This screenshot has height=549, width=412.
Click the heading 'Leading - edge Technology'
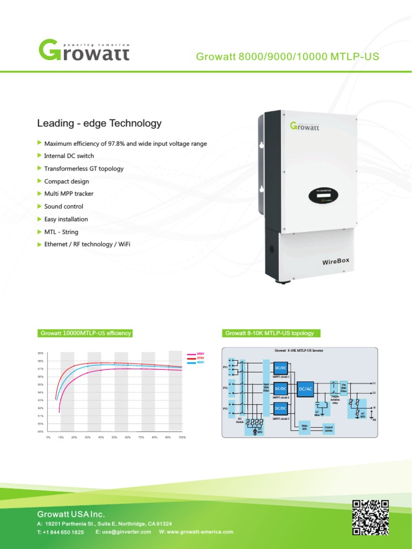coord(99,123)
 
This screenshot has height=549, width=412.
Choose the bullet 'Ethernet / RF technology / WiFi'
coord(87,244)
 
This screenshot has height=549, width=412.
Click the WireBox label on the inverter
coord(336,262)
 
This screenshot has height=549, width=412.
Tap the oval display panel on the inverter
coord(323,196)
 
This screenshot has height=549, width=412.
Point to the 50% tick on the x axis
coord(115,437)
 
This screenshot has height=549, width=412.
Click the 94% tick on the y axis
coord(41,392)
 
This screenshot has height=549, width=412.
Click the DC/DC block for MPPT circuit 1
coord(281,368)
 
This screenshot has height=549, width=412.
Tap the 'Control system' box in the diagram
coord(328,428)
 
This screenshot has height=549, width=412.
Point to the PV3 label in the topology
coord(225,409)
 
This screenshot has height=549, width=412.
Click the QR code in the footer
coord(370,517)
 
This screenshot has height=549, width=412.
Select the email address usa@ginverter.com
coord(123,532)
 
